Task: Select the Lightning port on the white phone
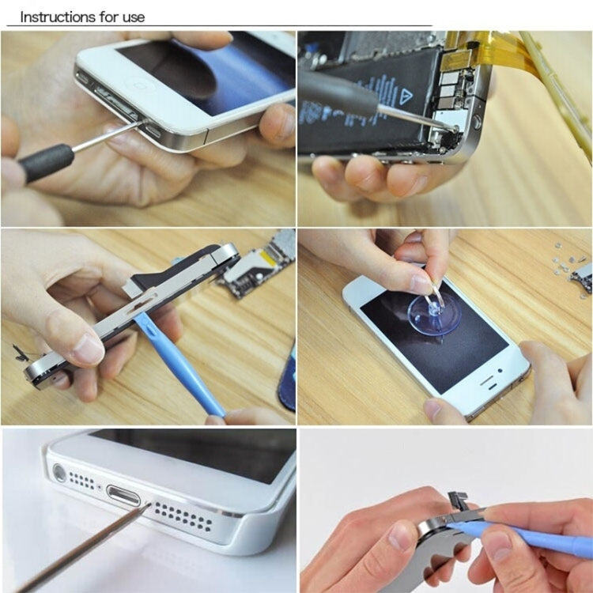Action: [x=123, y=500]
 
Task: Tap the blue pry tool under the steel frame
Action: [x=178, y=363]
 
